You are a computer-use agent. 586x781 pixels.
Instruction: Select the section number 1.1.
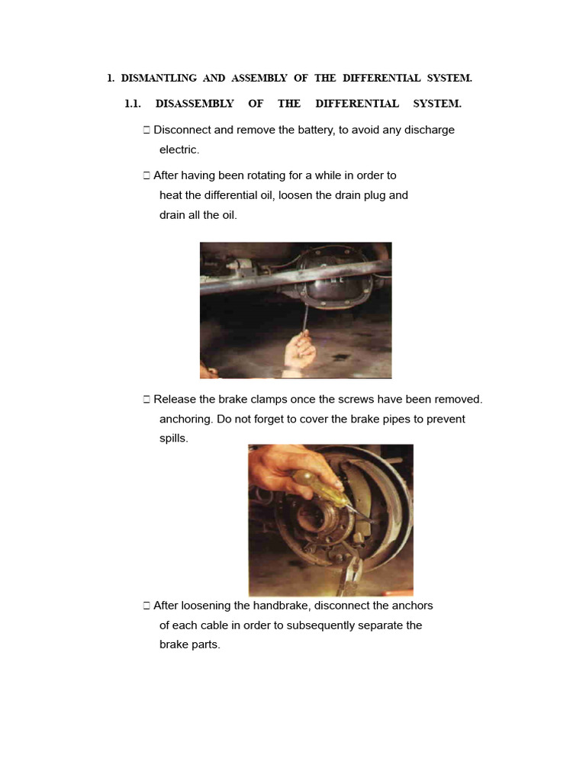134,104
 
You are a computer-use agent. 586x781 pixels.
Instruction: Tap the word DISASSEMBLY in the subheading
195,104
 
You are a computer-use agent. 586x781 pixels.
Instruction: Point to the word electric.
179,149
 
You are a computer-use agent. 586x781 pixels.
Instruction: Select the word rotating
269,175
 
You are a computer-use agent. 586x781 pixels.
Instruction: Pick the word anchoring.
185,419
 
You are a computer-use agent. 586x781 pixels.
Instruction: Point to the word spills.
173,439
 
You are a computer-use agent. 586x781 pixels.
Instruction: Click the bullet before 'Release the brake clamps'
146,399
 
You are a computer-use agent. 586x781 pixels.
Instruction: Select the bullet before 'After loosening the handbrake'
146,606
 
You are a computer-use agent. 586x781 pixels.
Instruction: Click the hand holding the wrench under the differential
300,352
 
